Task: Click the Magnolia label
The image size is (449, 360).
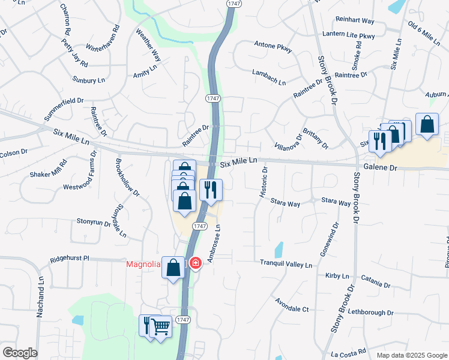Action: point(143,265)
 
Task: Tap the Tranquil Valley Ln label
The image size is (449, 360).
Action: point(286,264)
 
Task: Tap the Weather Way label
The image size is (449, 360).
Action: point(148,45)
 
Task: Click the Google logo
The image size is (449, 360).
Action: point(20,353)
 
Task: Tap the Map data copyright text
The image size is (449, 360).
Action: point(412,355)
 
